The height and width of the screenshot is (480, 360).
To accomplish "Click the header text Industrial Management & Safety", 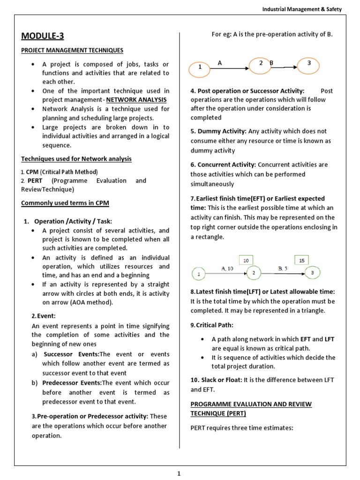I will pyautogui.click(x=302, y=9).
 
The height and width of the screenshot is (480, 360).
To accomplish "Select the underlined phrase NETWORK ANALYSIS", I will pyautogui.click(x=136, y=100).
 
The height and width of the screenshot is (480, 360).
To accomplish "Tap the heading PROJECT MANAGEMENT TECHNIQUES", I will pyautogui.click(x=72, y=50).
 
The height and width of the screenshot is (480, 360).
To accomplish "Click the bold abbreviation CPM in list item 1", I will pyautogui.click(x=32, y=172).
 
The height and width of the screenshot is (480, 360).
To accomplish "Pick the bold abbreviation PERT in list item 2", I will pyautogui.click(x=35, y=180).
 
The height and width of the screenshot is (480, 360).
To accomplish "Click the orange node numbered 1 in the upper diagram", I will pyautogui.click(x=200, y=68).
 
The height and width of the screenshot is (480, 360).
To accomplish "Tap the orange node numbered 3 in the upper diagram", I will pyautogui.click(x=309, y=64).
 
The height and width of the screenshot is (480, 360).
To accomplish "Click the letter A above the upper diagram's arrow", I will pyautogui.click(x=219, y=62).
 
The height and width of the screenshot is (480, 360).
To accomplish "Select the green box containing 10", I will pyautogui.click(x=246, y=260).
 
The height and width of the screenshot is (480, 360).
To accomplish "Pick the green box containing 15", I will pyautogui.click(x=301, y=260).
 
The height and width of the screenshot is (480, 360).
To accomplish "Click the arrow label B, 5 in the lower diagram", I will pyautogui.click(x=283, y=268).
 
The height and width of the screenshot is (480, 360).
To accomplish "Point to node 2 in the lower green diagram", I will pyautogui.click(x=254, y=273).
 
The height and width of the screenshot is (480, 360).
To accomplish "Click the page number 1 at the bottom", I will pyautogui.click(x=179, y=473).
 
